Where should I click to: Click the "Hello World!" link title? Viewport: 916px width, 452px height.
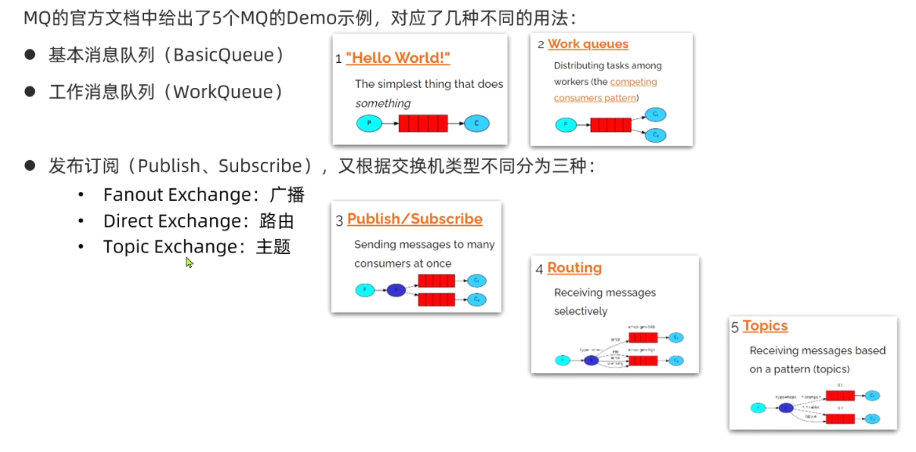pos(397,58)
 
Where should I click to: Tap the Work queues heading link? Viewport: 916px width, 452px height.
pos(588,44)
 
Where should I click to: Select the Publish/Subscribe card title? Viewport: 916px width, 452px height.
pos(415,219)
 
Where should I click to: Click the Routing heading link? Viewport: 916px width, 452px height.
pos(574,268)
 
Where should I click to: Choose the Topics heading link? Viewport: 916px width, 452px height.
pos(765,326)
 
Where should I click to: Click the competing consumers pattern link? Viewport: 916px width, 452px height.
pos(605,89)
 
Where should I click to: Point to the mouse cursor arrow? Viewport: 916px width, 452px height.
pos(188,262)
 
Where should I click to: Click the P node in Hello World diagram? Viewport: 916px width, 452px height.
pos(369,123)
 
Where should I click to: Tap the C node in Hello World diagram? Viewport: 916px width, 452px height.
pos(476,123)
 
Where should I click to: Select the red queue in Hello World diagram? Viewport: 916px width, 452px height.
pos(422,123)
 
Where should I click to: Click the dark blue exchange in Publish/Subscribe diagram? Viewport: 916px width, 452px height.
pos(397,290)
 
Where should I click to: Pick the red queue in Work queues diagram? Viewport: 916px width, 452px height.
pos(610,125)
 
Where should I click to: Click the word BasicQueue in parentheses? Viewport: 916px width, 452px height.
pos(228,55)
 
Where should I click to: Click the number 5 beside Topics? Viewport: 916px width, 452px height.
pos(735,328)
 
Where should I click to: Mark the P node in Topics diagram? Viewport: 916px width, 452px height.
pos(758,408)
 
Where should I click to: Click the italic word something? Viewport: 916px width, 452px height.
pos(382,103)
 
